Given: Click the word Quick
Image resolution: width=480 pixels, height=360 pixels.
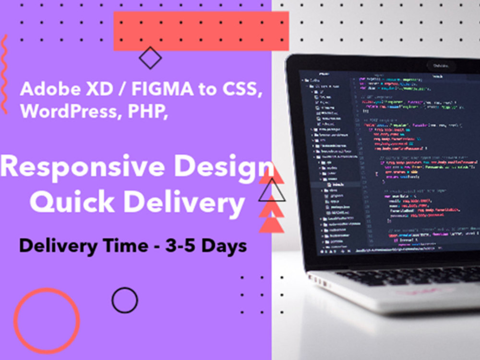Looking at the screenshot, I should (x=71, y=203).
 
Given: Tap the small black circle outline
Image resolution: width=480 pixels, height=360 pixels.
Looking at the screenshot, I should (x=125, y=300).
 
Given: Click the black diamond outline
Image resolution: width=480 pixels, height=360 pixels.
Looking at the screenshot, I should (x=150, y=58).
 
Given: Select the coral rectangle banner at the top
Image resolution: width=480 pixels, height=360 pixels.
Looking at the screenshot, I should (x=201, y=31).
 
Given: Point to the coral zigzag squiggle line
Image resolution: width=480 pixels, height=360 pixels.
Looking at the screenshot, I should (x=5, y=74).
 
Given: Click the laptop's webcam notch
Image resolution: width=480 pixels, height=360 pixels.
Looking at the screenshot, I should (x=440, y=65).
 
